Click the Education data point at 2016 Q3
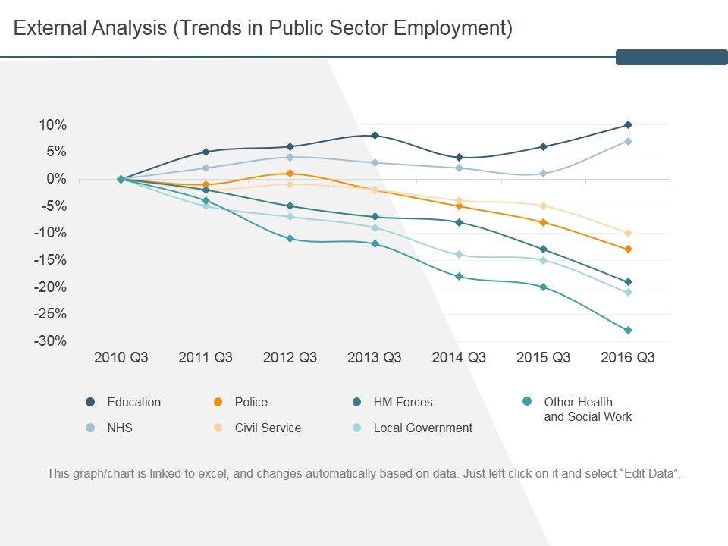point(628,125)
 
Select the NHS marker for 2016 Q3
point(628,141)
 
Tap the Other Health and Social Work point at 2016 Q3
point(628,331)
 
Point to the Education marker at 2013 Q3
point(375,136)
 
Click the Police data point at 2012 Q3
point(290,174)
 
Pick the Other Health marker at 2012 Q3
point(290,239)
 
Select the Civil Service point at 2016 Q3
point(628,233)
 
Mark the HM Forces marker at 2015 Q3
point(543,249)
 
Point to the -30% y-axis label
point(50,341)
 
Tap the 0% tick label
point(56,179)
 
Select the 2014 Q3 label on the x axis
point(459,358)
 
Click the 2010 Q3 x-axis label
point(121,358)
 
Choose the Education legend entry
point(133,403)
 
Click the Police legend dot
point(218,403)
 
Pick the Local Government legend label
point(422,428)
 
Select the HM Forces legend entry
point(403,403)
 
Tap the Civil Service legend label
point(268,428)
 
